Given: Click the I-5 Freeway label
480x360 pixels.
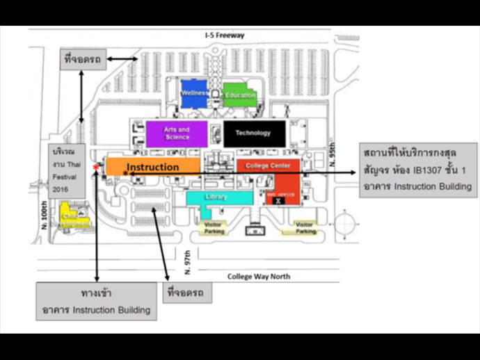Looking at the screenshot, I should [x=224, y=35].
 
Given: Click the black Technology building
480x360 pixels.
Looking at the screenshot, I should [x=254, y=133].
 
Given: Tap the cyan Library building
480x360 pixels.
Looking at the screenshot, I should [x=217, y=197].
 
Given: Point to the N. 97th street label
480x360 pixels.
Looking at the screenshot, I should [x=187, y=261].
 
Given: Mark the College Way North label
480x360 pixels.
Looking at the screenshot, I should [x=259, y=276].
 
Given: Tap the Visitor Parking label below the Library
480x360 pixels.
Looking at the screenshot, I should [x=215, y=228].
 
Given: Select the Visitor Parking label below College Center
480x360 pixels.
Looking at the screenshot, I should [x=303, y=228].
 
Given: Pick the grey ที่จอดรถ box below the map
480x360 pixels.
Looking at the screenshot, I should [x=186, y=293].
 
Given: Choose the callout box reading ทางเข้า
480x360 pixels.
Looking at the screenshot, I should [x=97, y=301].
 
